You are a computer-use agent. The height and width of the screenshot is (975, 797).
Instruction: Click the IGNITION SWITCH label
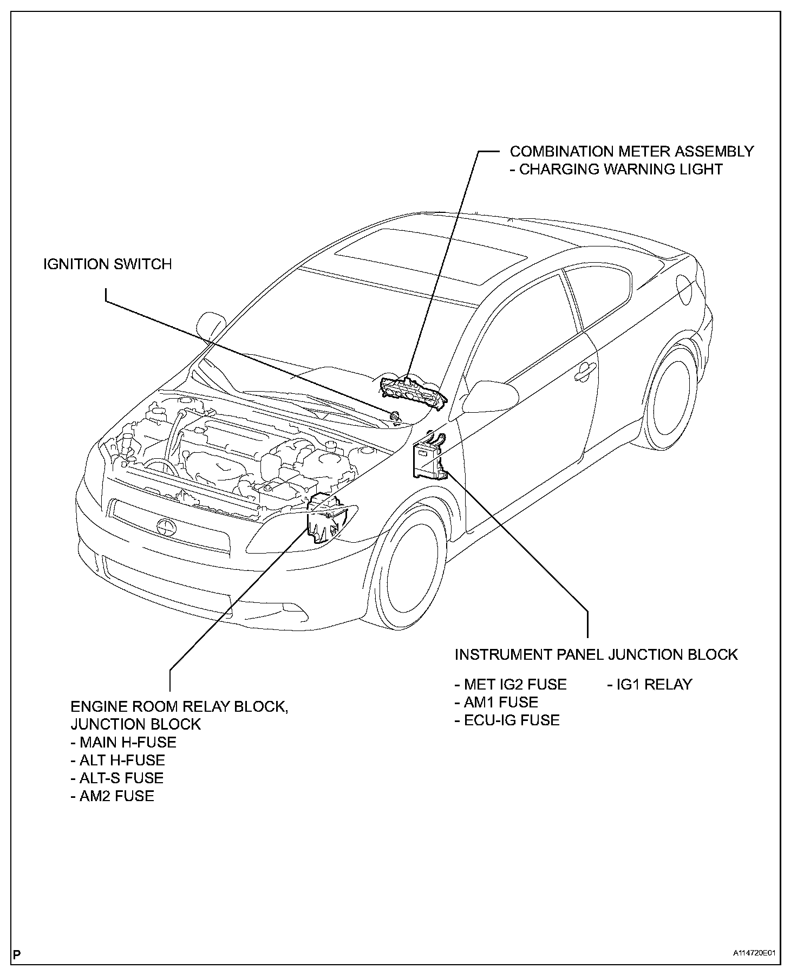[107, 264]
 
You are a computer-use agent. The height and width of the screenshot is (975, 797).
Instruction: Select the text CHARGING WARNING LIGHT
[616, 170]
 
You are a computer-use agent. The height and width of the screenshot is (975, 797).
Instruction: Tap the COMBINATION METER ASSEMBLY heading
[631, 151]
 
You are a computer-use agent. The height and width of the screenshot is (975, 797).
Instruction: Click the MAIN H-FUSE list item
[123, 742]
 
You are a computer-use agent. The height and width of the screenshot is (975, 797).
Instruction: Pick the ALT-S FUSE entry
[117, 778]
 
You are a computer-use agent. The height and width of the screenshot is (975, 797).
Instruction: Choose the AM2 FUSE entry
[113, 796]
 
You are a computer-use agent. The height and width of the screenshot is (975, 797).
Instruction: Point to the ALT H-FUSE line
[117, 760]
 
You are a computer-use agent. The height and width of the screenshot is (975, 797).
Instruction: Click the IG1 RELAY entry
[650, 685]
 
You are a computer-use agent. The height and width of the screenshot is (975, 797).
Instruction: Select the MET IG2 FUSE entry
[511, 685]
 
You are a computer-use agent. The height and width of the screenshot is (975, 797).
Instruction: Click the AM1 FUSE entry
[497, 703]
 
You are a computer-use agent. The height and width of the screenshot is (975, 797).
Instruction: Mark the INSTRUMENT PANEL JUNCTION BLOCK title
[596, 655]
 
